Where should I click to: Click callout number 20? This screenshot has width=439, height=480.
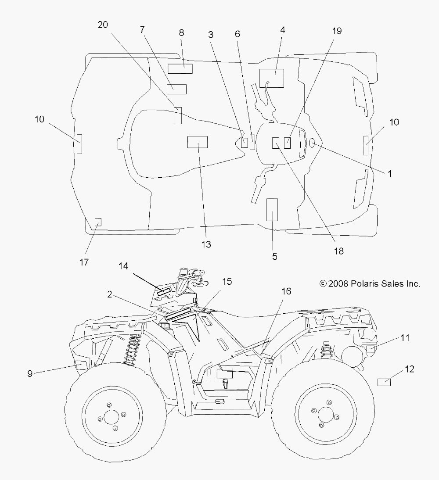[103, 25]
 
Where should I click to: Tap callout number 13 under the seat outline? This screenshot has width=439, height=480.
[206, 244]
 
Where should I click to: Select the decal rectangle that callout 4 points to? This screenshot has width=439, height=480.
[272, 78]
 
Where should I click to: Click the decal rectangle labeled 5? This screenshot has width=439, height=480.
[272, 210]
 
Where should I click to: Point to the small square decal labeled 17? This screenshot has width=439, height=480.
[98, 222]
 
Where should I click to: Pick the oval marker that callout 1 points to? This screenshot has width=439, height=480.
[312, 143]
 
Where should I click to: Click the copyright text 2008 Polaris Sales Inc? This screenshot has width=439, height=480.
[370, 284]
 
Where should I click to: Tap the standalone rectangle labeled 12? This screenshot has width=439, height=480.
[384, 382]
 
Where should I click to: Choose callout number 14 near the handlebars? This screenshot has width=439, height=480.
[123, 266]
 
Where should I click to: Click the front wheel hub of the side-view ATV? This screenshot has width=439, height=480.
[111, 416]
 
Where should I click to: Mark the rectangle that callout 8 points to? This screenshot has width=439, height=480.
[180, 69]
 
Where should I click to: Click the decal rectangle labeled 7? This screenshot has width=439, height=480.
[176, 89]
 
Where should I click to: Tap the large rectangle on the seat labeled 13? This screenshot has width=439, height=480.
[198, 142]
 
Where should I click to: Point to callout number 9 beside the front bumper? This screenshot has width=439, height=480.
[30, 373]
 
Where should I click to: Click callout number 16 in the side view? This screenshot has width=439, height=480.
[286, 291]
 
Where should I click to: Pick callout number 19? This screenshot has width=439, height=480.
[337, 31]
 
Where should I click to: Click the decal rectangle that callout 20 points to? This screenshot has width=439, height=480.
[178, 115]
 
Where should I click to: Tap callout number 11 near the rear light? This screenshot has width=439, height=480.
[405, 338]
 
